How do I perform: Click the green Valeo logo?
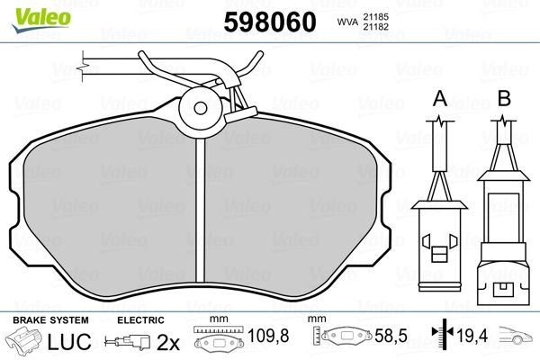coord(41,19)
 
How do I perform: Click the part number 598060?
coord(270,22)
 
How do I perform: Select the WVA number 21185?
coord(375,16)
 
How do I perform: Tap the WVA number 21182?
coord(375,26)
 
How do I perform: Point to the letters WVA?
coord(347,22)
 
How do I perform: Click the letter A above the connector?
coord(440,98)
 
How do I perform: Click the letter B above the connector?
coord(505,98)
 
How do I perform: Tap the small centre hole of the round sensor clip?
coord(201,108)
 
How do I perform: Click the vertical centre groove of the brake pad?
coord(200,210)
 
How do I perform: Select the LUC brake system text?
coord(69,341)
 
